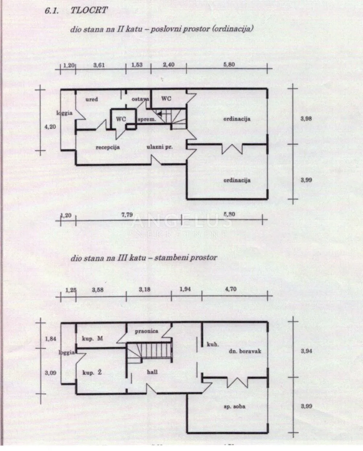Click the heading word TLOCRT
[89, 10]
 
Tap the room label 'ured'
[92, 99]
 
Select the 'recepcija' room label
[108, 147]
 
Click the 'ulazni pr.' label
[159, 147]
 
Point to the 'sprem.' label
[147, 120]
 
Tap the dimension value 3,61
[99, 65]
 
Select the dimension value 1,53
[137, 65]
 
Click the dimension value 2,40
[169, 65]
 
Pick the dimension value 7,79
[127, 215]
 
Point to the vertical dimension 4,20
[50, 127]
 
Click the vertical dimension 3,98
[306, 119]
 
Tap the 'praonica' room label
[146, 331]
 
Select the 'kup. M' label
[92, 339]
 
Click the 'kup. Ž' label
[92, 372]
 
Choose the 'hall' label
[152, 372]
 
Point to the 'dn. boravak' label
[245, 351]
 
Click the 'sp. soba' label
[234, 406]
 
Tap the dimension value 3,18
[144, 289]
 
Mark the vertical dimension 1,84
[51, 339]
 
